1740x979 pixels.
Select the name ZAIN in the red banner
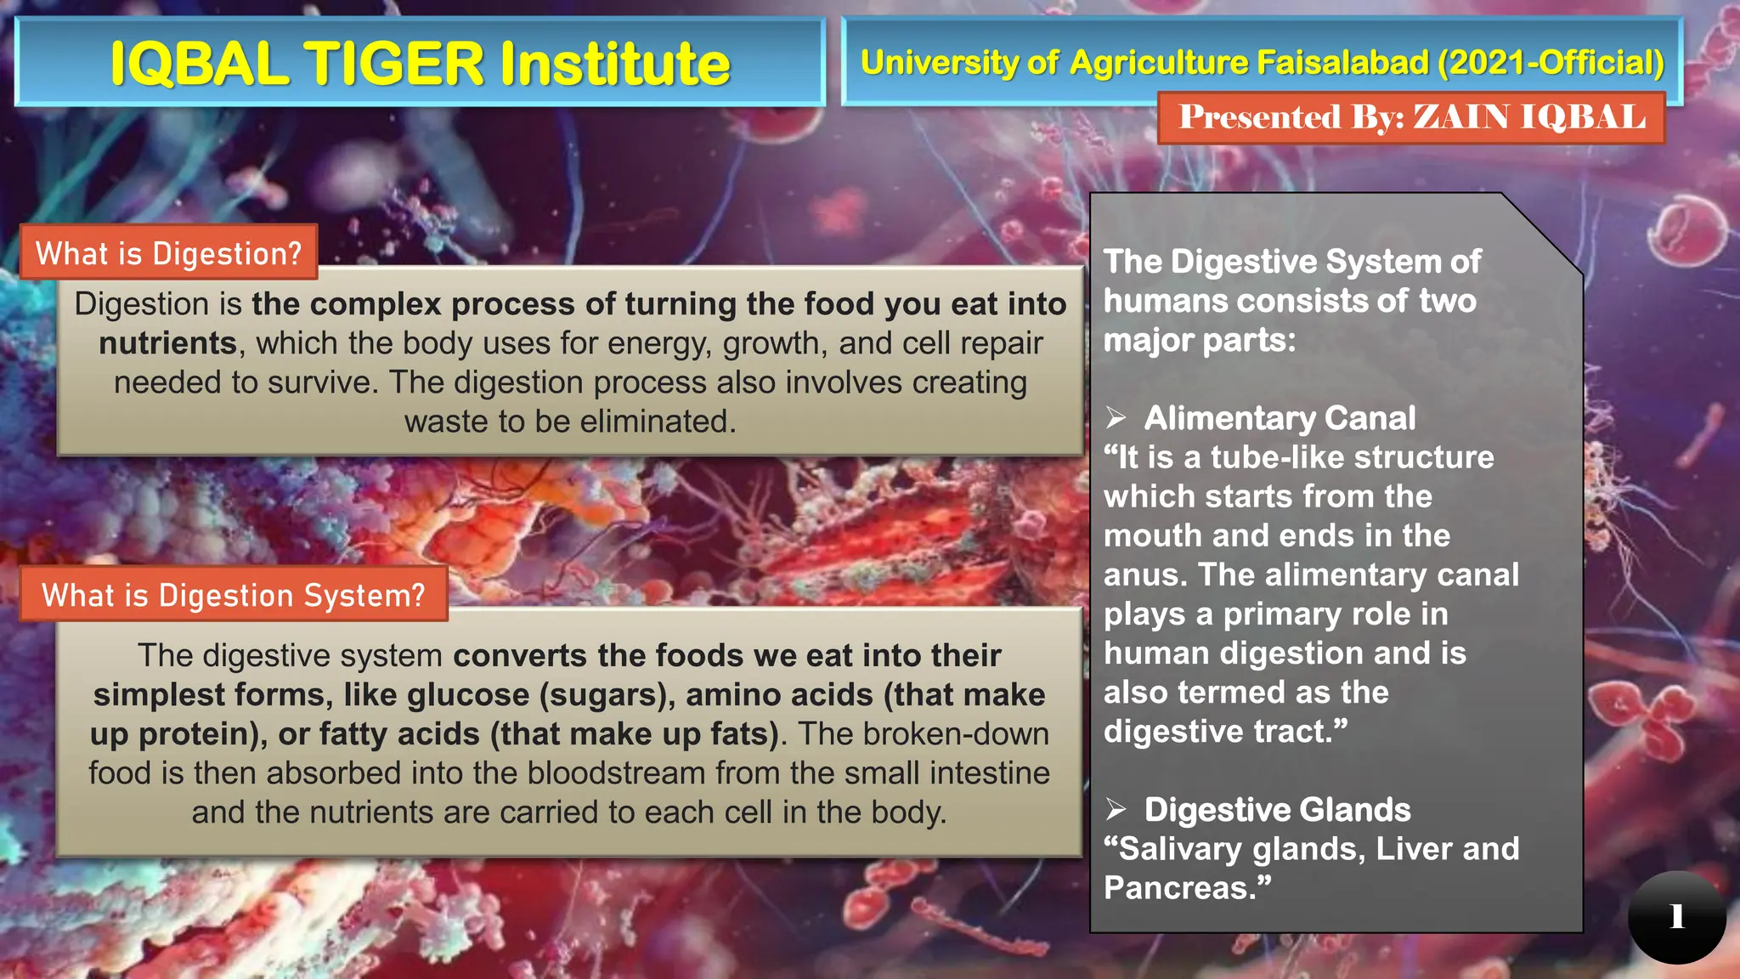[x=1461, y=117]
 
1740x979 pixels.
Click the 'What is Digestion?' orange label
[x=168, y=253]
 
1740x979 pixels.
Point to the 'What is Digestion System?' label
[x=233, y=595]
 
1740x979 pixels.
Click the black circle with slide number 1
[x=1676, y=916]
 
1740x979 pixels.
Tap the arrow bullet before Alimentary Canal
[x=1116, y=418]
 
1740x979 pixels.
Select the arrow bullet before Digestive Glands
[x=1116, y=810]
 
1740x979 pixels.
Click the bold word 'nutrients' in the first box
[x=167, y=343]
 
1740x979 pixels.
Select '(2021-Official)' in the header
[x=1551, y=63]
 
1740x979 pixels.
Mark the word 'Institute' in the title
[x=615, y=64]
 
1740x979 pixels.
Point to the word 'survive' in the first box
[x=322, y=382]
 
